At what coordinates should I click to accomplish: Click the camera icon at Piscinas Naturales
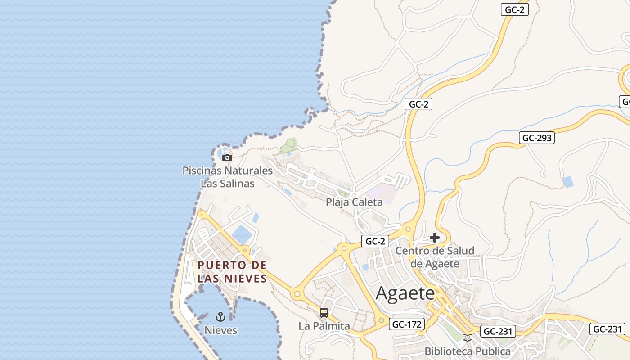[227, 157]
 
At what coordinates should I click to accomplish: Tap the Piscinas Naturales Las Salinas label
[227, 177]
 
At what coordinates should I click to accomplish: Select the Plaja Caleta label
[354, 202]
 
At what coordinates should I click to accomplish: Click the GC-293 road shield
[537, 138]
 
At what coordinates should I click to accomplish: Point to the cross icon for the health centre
[435, 238]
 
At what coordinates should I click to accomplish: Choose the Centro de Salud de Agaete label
[435, 257]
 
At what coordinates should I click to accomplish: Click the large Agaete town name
[405, 293]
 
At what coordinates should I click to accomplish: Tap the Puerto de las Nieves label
[232, 272]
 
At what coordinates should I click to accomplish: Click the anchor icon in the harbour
[220, 316]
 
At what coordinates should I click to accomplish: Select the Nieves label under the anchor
[220, 330]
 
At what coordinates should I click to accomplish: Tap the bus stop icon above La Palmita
[324, 312]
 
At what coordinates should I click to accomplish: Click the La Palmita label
[324, 326]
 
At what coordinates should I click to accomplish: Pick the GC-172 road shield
[407, 324]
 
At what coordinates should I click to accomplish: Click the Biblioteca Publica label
[468, 351]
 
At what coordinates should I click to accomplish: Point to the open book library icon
[468, 337]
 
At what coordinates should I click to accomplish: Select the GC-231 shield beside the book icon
[497, 332]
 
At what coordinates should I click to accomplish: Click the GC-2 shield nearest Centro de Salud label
[375, 241]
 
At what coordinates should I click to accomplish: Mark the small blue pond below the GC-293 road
[568, 182]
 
